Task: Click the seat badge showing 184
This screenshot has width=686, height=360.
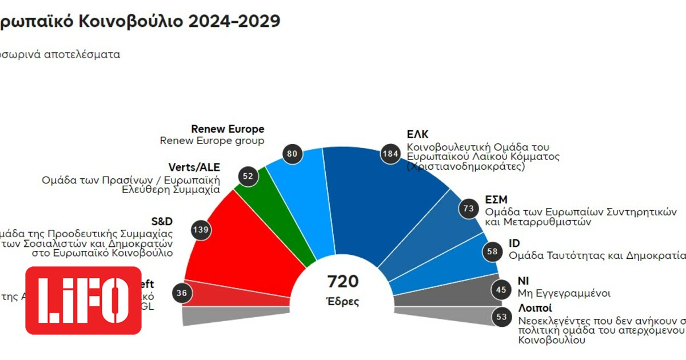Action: (x=390, y=154)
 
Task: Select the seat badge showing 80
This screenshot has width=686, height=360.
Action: (x=293, y=154)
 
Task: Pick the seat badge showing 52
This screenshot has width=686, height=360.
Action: (x=248, y=177)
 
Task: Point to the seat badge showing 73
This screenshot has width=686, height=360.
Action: (x=469, y=209)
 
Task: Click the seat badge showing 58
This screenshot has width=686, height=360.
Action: (x=490, y=251)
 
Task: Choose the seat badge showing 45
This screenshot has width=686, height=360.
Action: (x=501, y=290)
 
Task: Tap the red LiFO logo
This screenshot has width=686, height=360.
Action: (x=83, y=300)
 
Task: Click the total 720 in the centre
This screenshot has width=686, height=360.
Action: (x=343, y=282)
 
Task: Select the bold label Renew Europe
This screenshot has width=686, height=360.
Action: (x=228, y=129)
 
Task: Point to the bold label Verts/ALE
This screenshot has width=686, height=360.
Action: (x=194, y=167)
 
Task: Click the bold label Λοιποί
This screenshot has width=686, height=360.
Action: (x=536, y=309)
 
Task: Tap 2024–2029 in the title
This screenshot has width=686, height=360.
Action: (x=234, y=21)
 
